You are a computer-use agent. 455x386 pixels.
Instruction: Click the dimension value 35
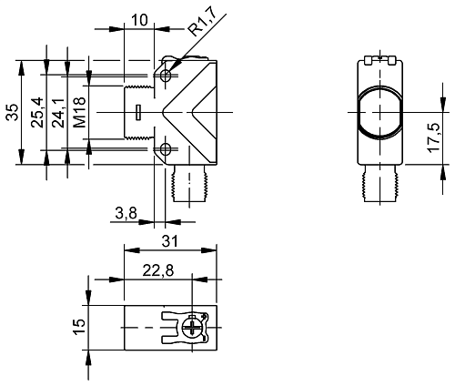click(x=13, y=112)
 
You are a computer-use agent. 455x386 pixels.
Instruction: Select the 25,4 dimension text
click(x=37, y=112)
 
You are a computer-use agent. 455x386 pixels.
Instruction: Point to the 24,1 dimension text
click(x=58, y=112)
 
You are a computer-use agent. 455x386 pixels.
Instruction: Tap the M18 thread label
click(x=79, y=112)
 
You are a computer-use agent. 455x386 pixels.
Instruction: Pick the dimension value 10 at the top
click(x=139, y=20)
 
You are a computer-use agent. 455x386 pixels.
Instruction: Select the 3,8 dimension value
click(x=126, y=213)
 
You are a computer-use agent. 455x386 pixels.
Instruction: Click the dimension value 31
click(x=169, y=240)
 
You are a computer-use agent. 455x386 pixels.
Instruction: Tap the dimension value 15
click(x=79, y=325)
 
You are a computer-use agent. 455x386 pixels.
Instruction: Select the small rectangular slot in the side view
click(x=137, y=113)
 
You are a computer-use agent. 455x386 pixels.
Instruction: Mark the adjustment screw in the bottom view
click(x=192, y=325)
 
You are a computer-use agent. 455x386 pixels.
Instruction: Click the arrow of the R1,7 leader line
click(x=170, y=66)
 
